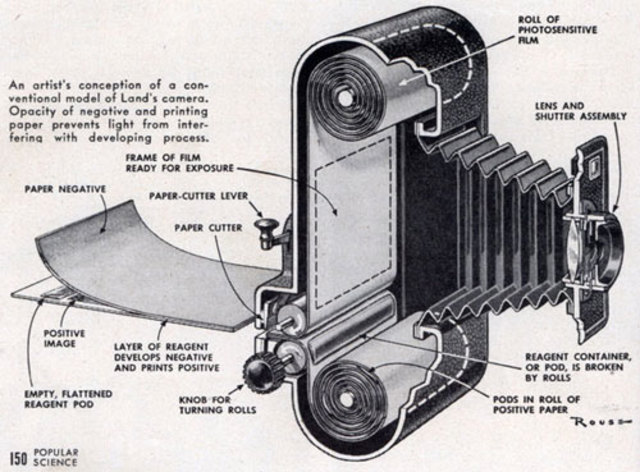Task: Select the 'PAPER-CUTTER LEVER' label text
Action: pos(197,196)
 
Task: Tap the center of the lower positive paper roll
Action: pos(349,390)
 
